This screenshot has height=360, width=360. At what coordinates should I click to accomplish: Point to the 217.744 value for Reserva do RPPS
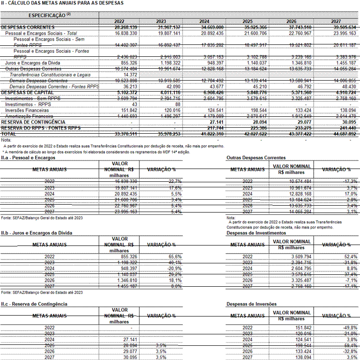pos(213,129)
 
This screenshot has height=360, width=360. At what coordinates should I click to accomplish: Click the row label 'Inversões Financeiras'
pos(28,110)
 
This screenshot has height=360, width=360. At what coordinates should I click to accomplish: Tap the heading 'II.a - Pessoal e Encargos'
pos(28,158)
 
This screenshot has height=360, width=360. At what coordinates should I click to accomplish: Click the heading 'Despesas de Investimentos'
pos(256,233)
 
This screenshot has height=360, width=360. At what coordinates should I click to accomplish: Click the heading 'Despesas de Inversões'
pos(251,304)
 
